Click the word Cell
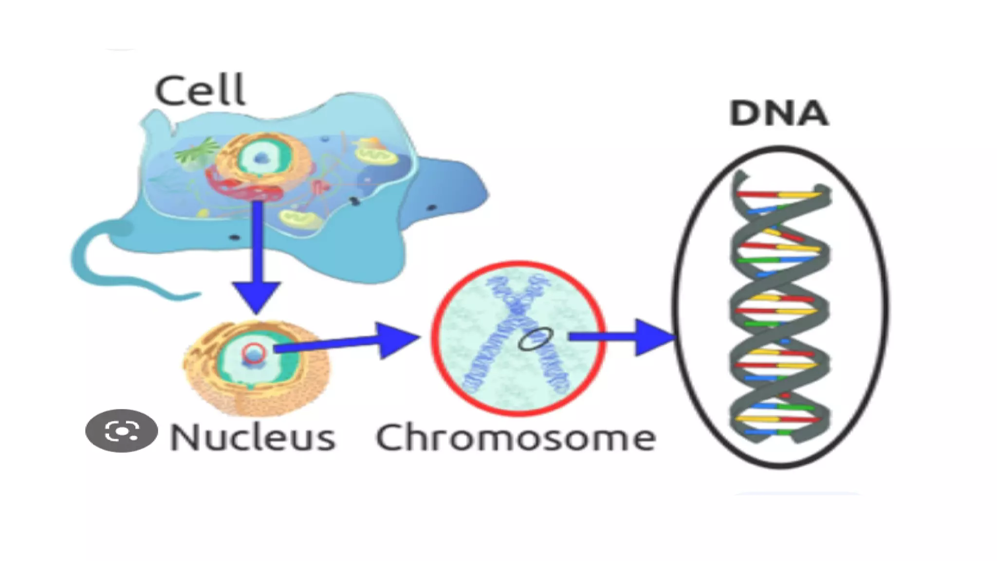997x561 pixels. (200, 91)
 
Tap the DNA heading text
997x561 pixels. (778, 114)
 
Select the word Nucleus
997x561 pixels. (252, 437)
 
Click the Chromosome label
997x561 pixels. (516, 437)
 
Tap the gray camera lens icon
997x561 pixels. (121, 431)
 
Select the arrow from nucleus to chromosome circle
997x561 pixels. (351, 341)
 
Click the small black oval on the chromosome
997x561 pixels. (535, 338)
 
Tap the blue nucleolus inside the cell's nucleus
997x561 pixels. (262, 157)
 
